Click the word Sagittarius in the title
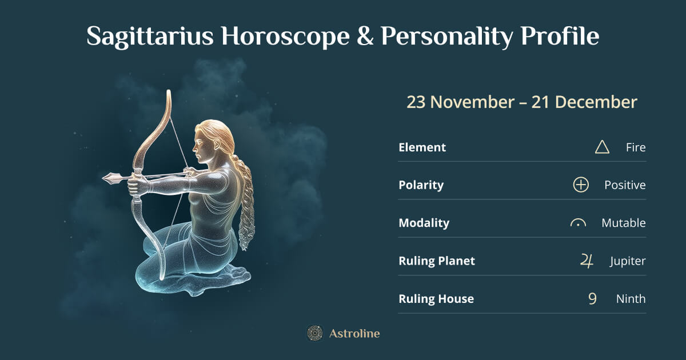[150, 37]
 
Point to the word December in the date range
[596, 102]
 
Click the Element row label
[422, 147]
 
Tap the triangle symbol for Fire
[602, 147]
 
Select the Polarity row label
[421, 185]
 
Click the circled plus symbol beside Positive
[581, 185]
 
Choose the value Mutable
[623, 223]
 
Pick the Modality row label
[424, 223]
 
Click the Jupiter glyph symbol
[587, 261]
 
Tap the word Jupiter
[627, 261]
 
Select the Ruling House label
[436, 299]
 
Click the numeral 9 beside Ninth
[592, 299]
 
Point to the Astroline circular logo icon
[314, 333]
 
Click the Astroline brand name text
[354, 333]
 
